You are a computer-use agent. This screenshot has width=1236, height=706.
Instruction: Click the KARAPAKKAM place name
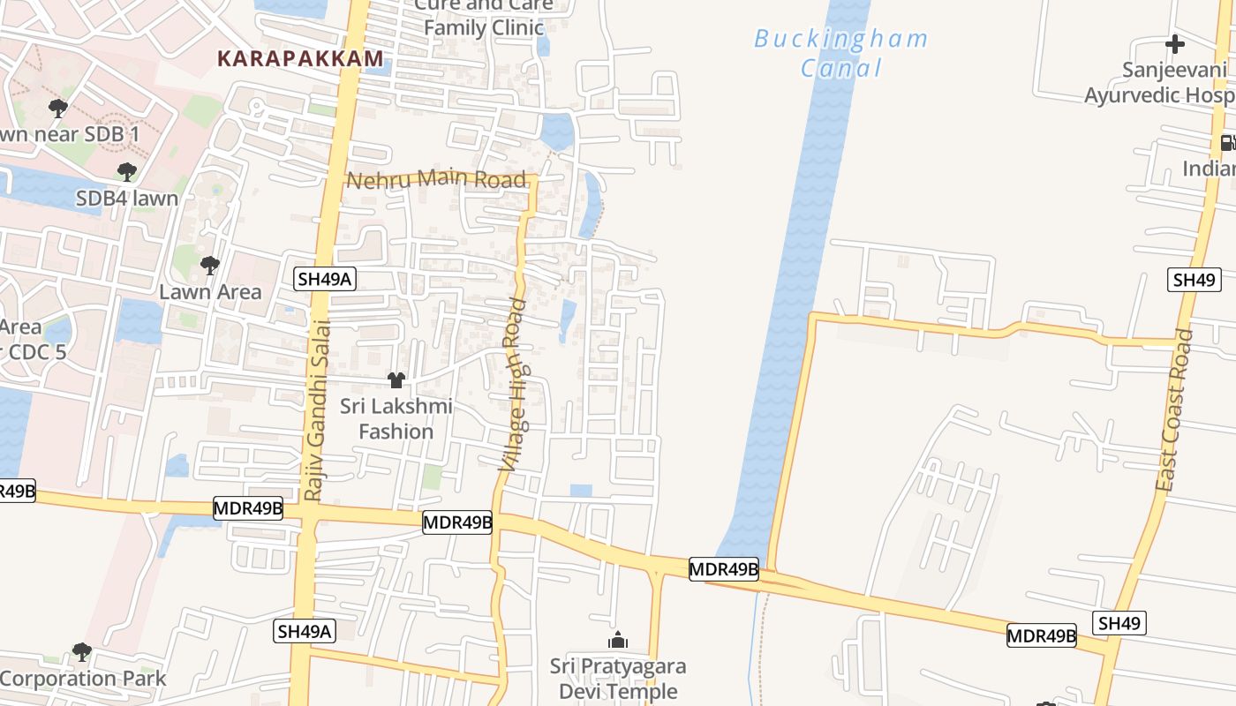coord(300,59)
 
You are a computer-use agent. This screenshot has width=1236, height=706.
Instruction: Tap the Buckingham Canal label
coord(840,53)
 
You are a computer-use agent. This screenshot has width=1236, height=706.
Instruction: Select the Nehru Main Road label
coord(435,180)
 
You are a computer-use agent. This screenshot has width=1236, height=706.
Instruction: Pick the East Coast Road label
coord(1174,411)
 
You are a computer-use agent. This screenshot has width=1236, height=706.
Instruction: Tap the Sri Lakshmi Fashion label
coord(396,418)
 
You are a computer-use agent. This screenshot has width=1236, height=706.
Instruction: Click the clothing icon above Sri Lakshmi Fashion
coord(396,380)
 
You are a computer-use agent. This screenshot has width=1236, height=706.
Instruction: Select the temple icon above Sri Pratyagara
coord(618,640)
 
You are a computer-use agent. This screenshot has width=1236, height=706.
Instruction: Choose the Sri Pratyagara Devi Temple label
coord(618,679)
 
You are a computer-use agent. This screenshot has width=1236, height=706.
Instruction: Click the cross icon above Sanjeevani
coord(1174,43)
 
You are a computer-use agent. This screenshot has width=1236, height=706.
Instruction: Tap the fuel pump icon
coord(1227,142)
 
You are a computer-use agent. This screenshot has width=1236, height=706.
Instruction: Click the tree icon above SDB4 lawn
coord(127,171)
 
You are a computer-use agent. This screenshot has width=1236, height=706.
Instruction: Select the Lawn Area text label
coord(210,291)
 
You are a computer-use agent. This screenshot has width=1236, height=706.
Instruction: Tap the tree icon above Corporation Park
coord(82,652)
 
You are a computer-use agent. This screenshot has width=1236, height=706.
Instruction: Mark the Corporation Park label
coord(83,679)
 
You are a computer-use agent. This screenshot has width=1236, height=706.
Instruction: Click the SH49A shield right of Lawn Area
coord(325,280)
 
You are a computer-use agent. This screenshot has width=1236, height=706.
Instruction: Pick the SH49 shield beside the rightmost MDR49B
coord(1120,623)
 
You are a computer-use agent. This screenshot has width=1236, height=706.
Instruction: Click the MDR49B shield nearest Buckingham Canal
coord(724,569)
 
